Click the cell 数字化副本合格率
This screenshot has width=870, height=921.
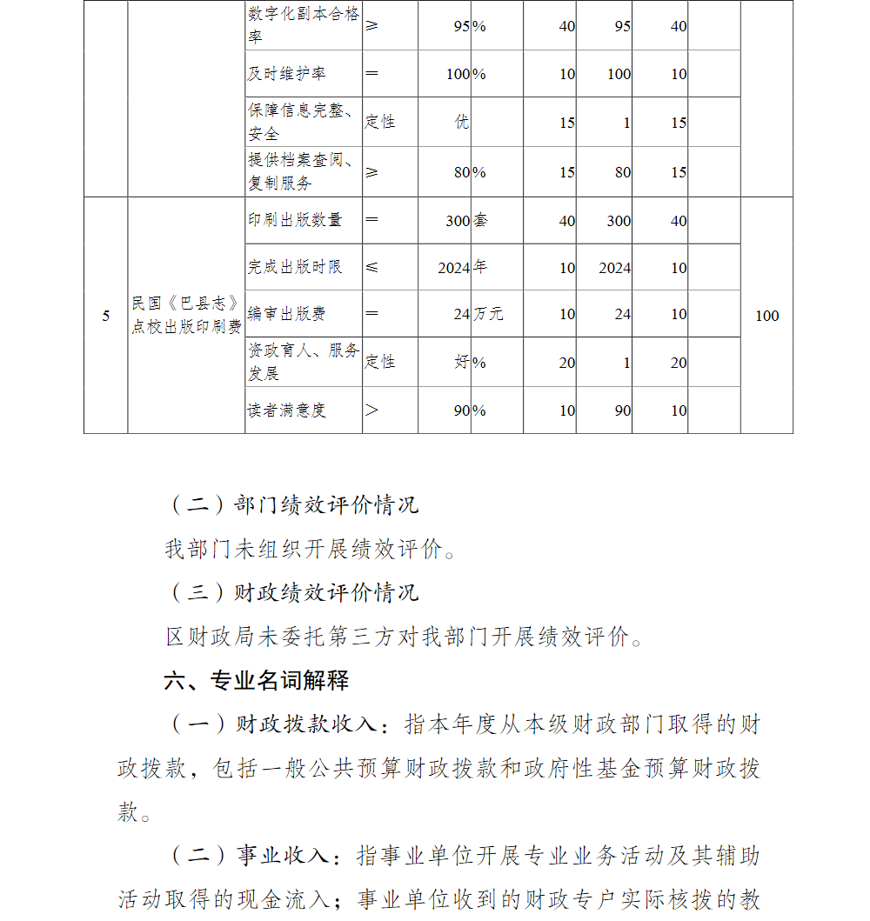pos(303,26)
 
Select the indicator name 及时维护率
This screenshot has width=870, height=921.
pos(286,74)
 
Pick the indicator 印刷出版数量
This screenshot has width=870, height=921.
pos(295,220)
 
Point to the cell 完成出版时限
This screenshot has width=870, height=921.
pos(295,267)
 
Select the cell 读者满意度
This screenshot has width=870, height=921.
pos(286,410)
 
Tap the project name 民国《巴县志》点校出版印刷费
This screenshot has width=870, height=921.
pos(186,315)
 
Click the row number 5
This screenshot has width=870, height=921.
pos(106,316)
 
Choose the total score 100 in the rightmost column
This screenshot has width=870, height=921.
pos(766,316)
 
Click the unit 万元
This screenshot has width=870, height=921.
pos(488,314)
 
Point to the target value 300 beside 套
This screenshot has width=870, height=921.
pos(458,221)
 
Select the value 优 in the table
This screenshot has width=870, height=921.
pos(462,123)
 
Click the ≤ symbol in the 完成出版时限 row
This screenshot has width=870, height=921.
pos(371,267)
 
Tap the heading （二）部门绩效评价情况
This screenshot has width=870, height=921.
pos(292,504)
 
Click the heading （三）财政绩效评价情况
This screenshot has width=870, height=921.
pos(292,593)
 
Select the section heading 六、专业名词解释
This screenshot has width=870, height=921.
pos(257,681)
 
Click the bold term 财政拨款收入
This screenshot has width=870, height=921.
pos(305,724)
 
